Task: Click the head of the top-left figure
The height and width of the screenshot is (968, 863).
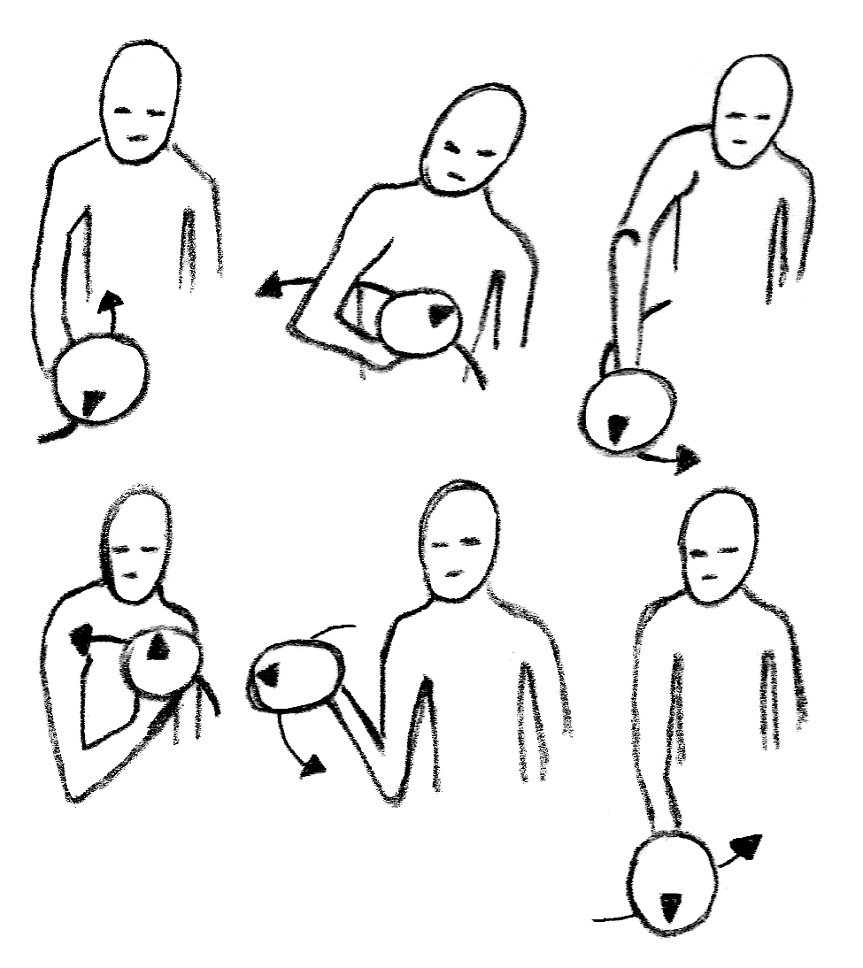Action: point(142,102)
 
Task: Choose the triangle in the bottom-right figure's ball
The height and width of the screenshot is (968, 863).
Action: point(671,903)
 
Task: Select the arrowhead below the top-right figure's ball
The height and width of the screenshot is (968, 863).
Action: point(687,458)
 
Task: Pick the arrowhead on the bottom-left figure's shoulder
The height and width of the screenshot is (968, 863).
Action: point(81,636)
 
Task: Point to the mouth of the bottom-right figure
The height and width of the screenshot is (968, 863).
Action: point(710,578)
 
